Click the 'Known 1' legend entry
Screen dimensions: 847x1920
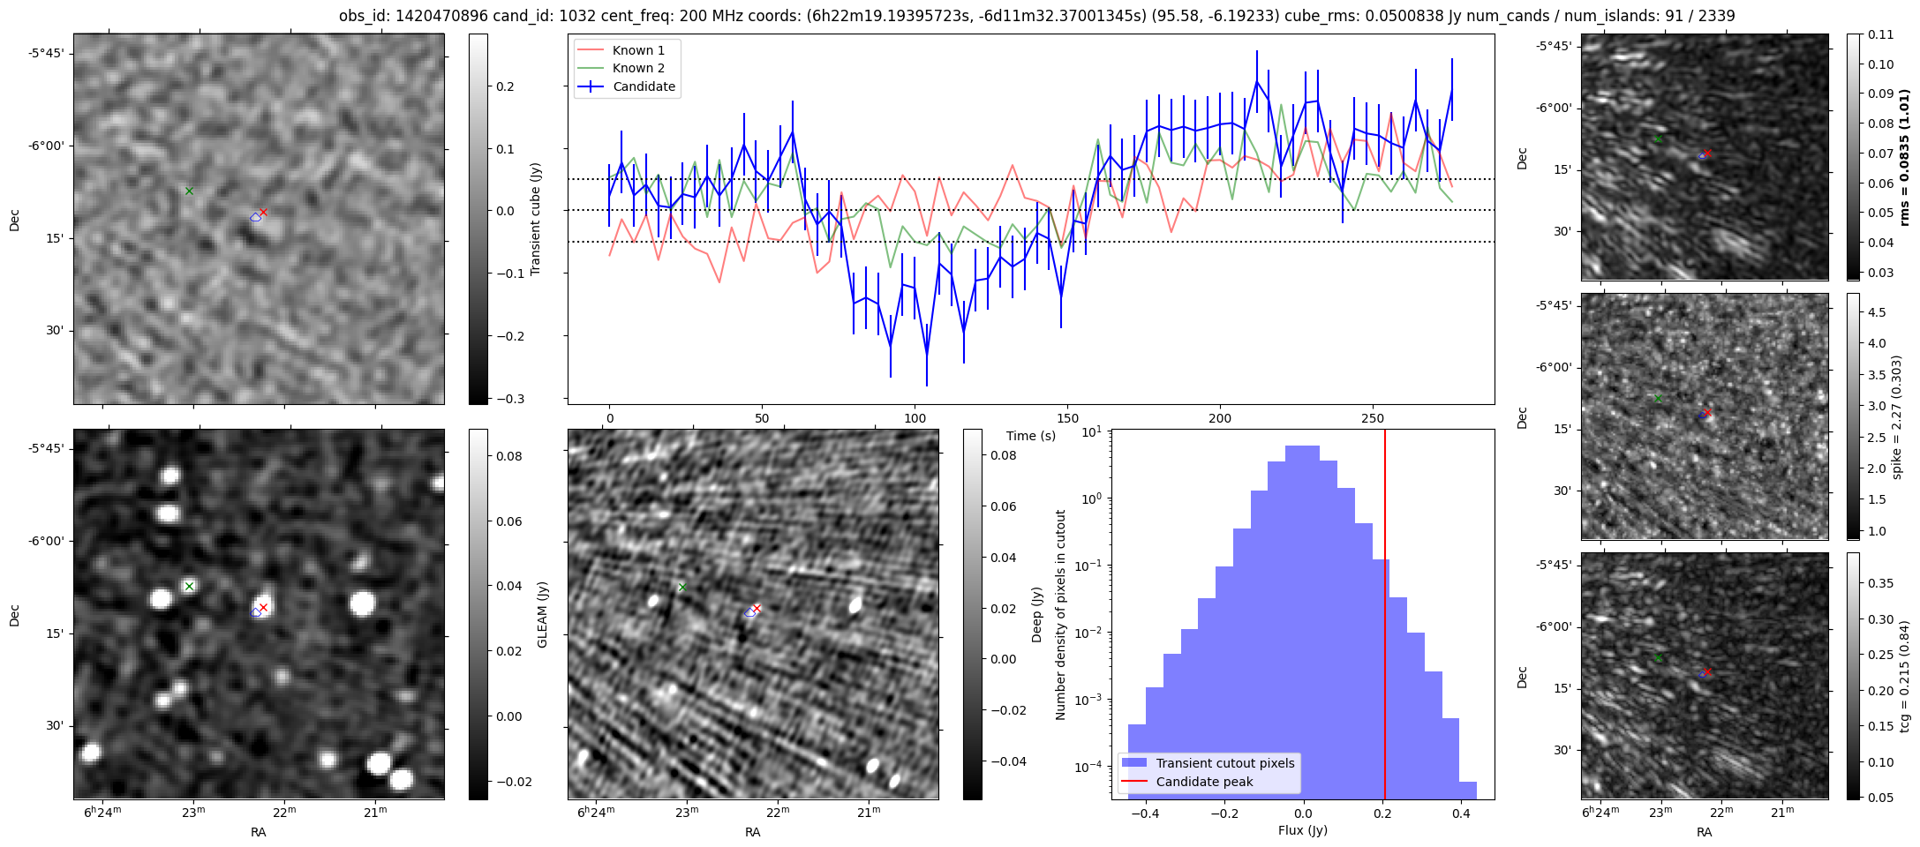pos(637,50)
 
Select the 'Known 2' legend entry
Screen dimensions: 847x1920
pos(637,68)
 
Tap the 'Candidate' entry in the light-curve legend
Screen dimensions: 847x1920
pos(644,86)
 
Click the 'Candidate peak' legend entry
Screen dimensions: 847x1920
pos(1204,782)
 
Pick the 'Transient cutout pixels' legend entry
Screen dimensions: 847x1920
pos(1224,763)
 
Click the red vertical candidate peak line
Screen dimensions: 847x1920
pos(1384,618)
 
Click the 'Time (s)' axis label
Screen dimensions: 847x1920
pos(1030,436)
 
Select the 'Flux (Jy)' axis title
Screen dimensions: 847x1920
pos(1302,830)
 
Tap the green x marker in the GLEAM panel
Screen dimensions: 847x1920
pos(189,586)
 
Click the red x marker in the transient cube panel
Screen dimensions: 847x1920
pos(263,213)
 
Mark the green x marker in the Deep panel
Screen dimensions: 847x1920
pos(681,587)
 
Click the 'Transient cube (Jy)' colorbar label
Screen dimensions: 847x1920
pos(535,219)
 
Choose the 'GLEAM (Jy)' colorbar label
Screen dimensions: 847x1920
pos(542,614)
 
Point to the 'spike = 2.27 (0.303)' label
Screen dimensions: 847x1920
pos(1897,417)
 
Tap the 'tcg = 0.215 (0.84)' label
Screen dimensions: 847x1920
pos(1904,676)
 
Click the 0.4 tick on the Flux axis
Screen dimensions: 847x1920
pos(1460,813)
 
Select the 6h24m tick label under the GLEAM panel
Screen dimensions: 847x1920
pos(102,813)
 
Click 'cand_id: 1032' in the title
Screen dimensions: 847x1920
pos(504,16)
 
